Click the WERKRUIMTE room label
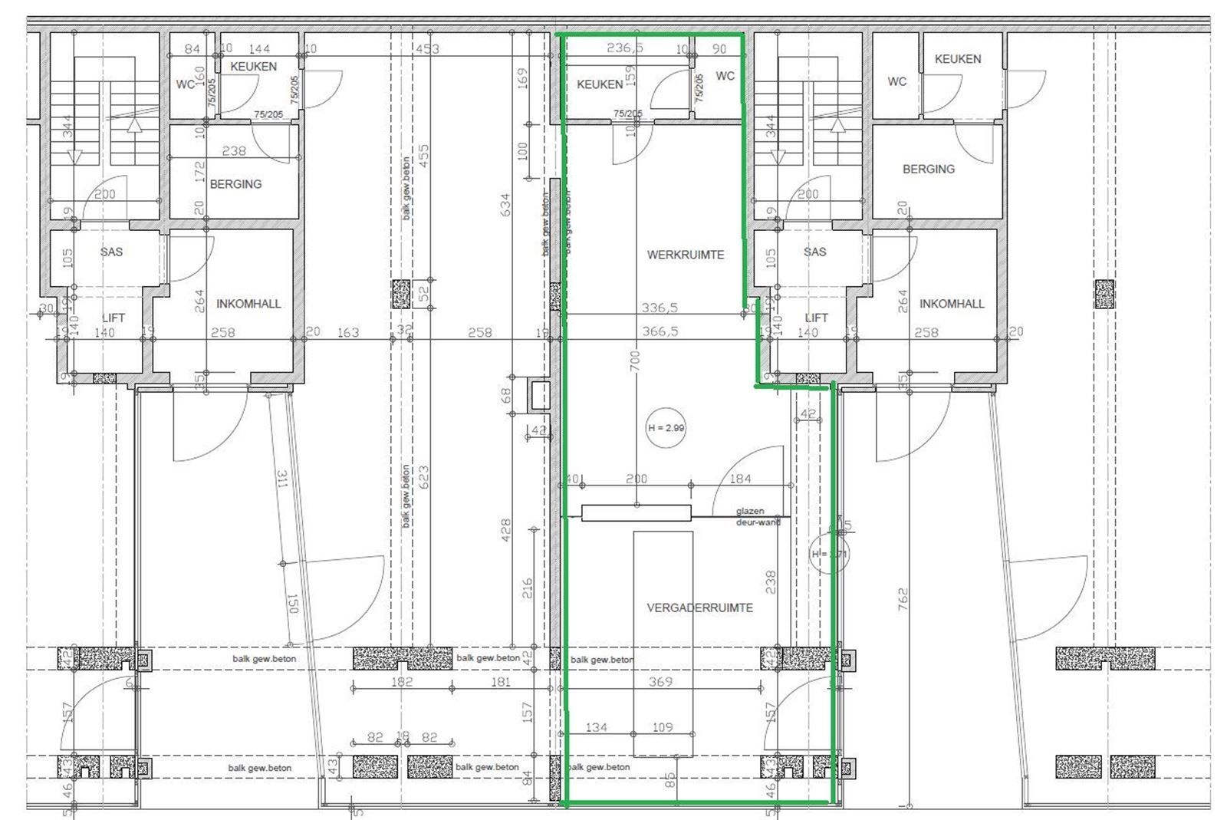pyautogui.click(x=685, y=255)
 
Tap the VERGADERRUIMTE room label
pyautogui.click(x=699, y=608)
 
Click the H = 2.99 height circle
pyautogui.click(x=666, y=428)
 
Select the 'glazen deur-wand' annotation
pyautogui.click(x=757, y=516)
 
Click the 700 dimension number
pyautogui.click(x=634, y=361)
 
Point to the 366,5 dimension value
pyautogui.click(x=660, y=332)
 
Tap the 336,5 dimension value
pyautogui.click(x=660, y=308)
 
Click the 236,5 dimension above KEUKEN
pyautogui.click(x=625, y=48)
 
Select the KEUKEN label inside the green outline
pyautogui.click(x=600, y=84)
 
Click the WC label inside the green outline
pyautogui.click(x=725, y=75)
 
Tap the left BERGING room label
pyautogui.click(x=235, y=184)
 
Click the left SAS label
pyautogui.click(x=111, y=252)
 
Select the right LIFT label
pyautogui.click(x=816, y=318)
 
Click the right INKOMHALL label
pyautogui.click(x=952, y=304)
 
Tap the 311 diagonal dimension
pyautogui.click(x=281, y=481)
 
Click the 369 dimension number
pyautogui.click(x=660, y=681)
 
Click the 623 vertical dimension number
pyautogui.click(x=424, y=478)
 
